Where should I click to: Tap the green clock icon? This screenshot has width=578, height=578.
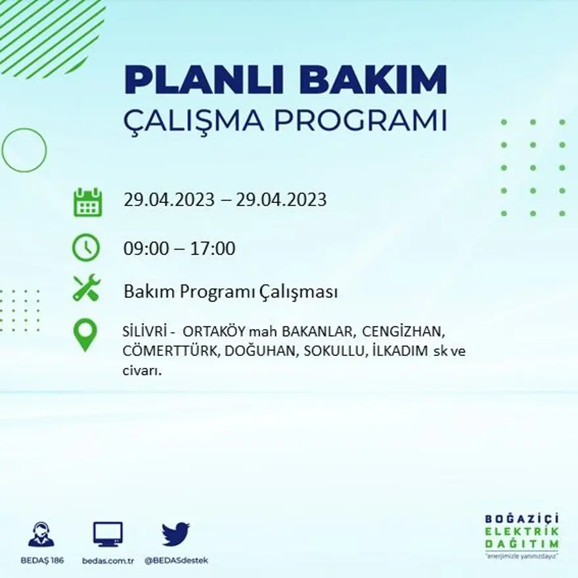coord(86,248)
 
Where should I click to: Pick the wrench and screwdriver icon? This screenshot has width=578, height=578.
coord(86,288)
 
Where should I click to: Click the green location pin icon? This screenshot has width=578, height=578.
coord(85,334)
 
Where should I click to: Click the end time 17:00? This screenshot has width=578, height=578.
coord(213,249)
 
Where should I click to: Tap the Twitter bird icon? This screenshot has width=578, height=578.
coord(175,533)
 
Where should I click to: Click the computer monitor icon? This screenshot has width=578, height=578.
coord(108,534)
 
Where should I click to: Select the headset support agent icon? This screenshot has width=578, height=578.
coord(41,534)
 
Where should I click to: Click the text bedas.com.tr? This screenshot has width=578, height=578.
coord(108,560)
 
